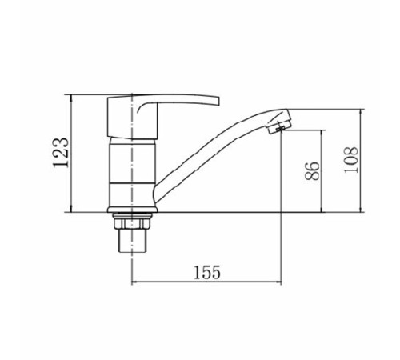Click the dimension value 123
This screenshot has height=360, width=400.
62,153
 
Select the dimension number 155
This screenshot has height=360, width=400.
207,272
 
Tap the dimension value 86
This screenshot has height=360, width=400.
312,171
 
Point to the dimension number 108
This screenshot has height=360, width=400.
350,160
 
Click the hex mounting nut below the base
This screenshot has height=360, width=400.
130,222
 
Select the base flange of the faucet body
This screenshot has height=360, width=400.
132,210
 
